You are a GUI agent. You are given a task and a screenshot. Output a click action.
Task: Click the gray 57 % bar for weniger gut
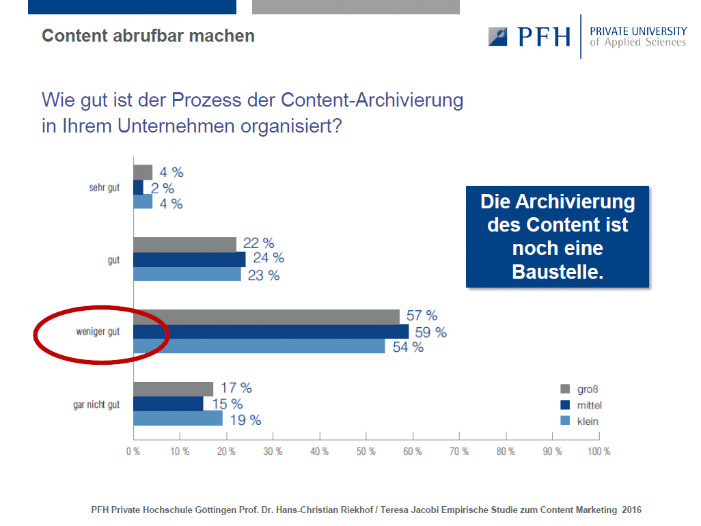266,317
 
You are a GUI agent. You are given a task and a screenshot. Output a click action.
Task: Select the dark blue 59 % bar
271,331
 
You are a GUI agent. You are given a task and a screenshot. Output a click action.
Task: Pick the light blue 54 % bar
260,346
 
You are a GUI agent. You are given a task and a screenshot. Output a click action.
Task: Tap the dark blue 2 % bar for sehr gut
138,188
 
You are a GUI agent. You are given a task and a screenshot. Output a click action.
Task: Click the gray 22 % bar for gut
184,245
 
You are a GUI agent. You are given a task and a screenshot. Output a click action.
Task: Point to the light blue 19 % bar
178,418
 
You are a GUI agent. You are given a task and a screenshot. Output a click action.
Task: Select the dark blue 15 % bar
168,404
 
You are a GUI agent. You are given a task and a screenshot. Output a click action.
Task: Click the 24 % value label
269,258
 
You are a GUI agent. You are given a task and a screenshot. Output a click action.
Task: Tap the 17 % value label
236,387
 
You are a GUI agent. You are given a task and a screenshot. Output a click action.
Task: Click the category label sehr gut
104,188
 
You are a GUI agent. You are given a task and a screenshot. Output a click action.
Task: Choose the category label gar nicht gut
96,404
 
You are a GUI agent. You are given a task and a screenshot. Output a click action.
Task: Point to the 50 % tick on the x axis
366,436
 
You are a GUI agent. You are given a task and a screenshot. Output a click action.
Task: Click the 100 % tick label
599,452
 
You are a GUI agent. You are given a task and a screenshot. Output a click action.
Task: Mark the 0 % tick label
133,452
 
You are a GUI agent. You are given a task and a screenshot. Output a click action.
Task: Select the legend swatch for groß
565,389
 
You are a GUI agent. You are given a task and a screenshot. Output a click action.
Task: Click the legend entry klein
579,421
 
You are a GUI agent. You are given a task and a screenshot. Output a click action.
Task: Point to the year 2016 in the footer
631,510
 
